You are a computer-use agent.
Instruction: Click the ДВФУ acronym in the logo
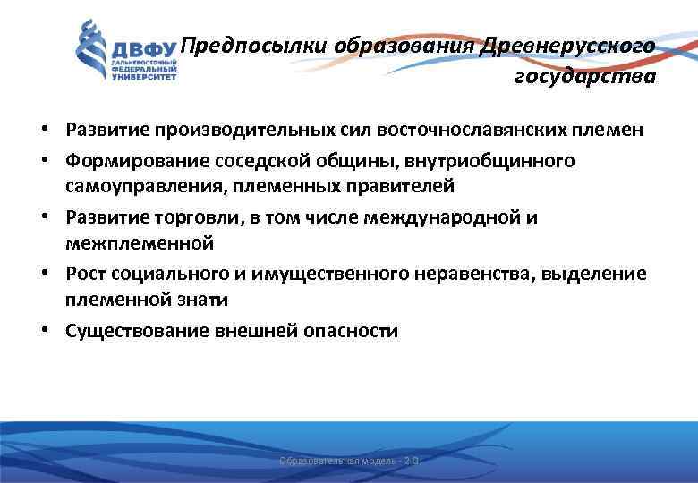[x=143, y=47]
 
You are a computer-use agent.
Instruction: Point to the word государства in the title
[x=584, y=77]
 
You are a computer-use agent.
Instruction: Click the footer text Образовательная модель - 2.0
[x=348, y=461]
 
